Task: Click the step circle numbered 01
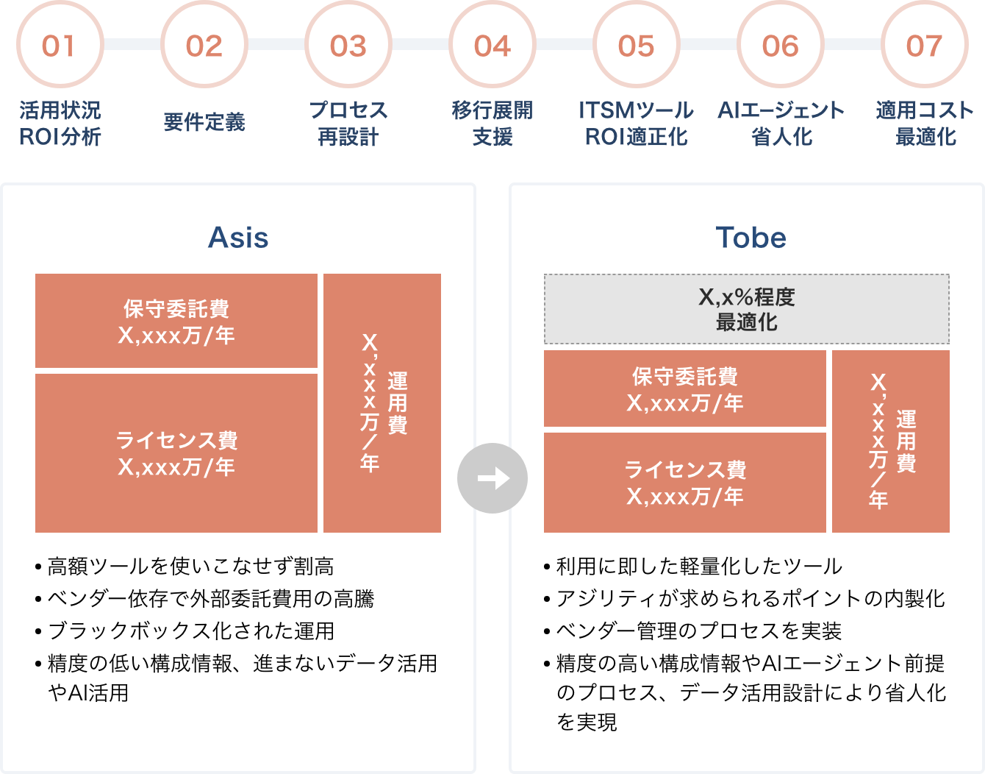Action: click(59, 46)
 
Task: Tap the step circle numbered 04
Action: click(492, 46)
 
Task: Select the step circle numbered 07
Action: click(924, 46)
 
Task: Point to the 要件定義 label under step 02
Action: click(204, 122)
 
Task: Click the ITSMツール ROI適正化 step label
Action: click(636, 124)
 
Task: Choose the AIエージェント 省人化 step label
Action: click(781, 124)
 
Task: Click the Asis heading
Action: click(238, 238)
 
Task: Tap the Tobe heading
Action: click(751, 238)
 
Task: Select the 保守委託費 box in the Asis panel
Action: click(176, 322)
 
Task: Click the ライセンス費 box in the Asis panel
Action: click(176, 453)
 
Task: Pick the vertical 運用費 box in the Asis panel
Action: click(382, 403)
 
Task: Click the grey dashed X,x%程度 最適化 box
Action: click(746, 309)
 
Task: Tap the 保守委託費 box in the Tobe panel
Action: click(685, 389)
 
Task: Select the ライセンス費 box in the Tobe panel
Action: click(685, 483)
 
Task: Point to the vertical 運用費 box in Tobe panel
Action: click(891, 441)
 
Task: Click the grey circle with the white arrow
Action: click(492, 478)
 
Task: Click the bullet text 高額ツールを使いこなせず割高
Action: click(190, 567)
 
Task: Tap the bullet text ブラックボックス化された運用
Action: click(190, 631)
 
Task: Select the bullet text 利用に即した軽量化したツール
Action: click(698, 567)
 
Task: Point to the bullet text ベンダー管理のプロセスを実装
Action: click(698, 631)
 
